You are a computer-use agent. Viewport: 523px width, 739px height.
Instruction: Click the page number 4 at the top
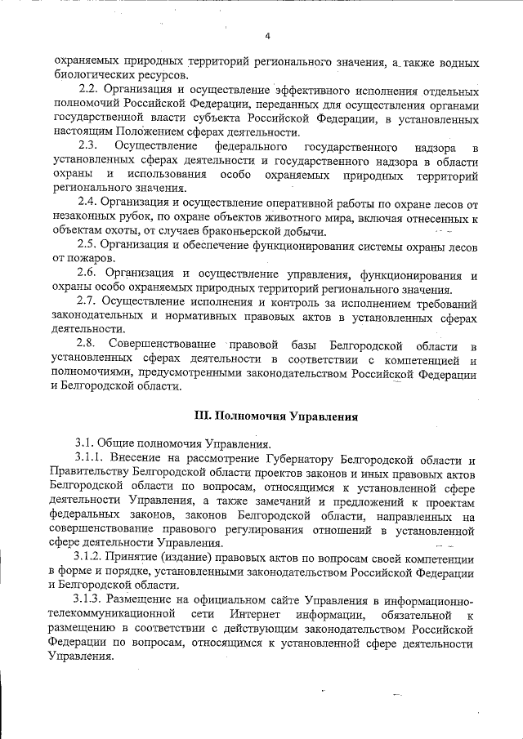click(x=267, y=35)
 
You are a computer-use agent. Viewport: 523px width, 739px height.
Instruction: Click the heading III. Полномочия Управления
click(x=275, y=415)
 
